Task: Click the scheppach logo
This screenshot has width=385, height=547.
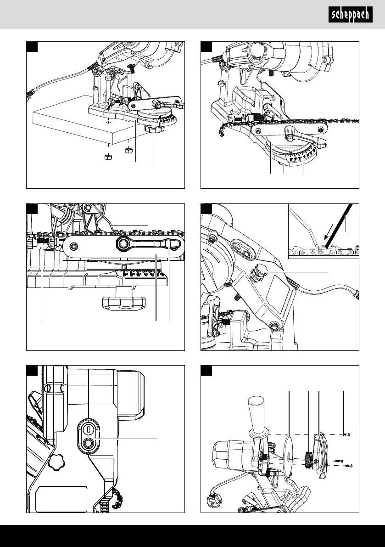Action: (x=350, y=15)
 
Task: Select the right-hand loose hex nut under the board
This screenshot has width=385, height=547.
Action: (x=128, y=150)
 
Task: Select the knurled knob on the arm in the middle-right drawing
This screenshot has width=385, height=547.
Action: (x=257, y=273)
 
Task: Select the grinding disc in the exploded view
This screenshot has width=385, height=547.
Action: (x=290, y=457)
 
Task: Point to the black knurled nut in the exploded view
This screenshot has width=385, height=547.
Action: (x=308, y=460)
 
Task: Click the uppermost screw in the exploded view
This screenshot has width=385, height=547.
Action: (x=346, y=434)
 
